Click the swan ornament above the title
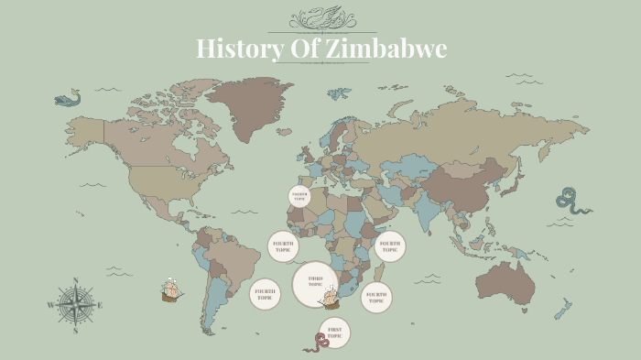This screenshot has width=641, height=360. click(x=321, y=17)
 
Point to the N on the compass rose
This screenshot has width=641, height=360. click(x=76, y=281)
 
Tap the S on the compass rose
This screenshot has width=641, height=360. click(x=76, y=332)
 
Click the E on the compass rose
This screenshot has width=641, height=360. click(x=102, y=306)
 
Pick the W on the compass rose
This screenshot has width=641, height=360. click(x=51, y=306)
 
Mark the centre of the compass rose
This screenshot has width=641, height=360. click(x=76, y=306)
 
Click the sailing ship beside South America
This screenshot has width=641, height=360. click(x=170, y=290)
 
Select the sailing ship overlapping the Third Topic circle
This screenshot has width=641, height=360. click(x=329, y=298)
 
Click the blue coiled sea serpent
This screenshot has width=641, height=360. click(x=572, y=201)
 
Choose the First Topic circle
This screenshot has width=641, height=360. click(x=335, y=332)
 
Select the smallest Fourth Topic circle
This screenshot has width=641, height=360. click(x=299, y=196)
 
